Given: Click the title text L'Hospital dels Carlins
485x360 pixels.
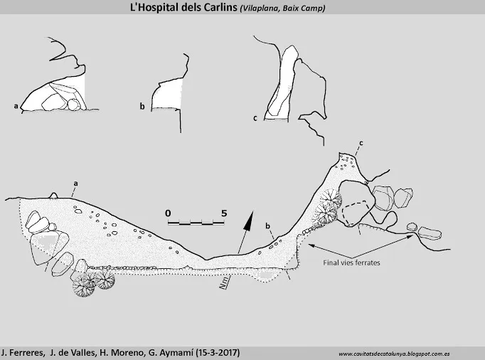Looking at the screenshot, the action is click(x=183, y=7).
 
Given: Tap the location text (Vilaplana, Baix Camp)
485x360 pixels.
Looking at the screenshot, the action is click(x=282, y=8).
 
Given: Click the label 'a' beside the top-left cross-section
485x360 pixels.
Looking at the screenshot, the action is click(x=16, y=106).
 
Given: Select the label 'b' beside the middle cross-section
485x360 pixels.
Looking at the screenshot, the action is click(x=142, y=107).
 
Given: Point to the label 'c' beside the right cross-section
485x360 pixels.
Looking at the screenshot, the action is click(x=255, y=118).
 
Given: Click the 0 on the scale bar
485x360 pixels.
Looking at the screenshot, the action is click(x=168, y=213).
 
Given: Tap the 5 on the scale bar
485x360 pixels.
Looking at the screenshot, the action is click(x=224, y=213).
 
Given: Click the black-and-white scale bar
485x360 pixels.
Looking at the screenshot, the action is click(x=196, y=223).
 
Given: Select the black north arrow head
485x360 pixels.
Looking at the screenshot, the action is click(x=249, y=221).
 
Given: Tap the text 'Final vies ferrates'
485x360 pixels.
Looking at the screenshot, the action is click(x=352, y=263).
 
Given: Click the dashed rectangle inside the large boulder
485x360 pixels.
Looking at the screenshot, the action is click(x=355, y=213).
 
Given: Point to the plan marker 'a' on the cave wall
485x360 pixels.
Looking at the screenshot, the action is click(x=75, y=184).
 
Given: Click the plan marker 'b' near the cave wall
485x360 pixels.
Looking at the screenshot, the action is click(x=267, y=226).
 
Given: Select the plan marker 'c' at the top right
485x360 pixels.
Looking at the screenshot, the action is click(x=361, y=143).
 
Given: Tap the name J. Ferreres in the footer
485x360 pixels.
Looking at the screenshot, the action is click(x=22, y=353).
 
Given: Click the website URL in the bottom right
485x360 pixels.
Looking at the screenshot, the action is click(x=394, y=354).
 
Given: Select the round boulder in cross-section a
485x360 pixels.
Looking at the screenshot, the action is click(x=74, y=105).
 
